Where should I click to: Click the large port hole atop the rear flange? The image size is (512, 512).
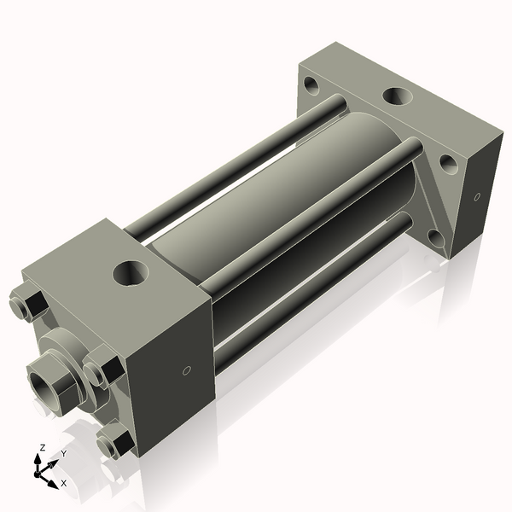[397, 96]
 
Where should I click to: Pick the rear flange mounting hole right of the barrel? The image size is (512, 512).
[448, 164]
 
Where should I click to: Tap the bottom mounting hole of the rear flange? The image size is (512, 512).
[434, 236]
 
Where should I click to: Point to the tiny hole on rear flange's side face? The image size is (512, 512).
[477, 198]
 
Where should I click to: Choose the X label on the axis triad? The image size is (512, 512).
[64, 484]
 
